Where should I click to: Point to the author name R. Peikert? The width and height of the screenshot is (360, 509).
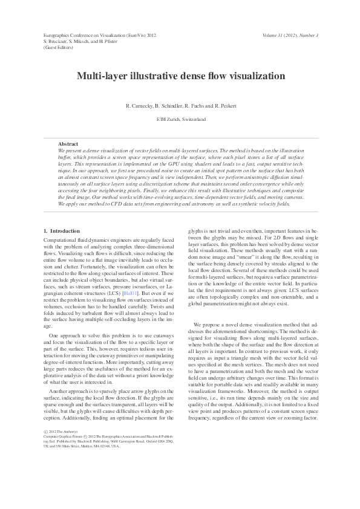pos(223,106)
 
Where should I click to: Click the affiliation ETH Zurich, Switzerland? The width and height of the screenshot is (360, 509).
pos(180,120)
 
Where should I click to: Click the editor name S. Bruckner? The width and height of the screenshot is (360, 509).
pos(58,42)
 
